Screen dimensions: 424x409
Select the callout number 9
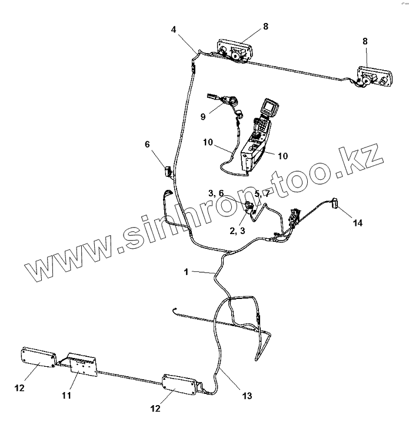[x=203, y=117]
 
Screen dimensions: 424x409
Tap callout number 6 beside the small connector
[x=148, y=144]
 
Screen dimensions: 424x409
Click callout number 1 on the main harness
[x=185, y=272]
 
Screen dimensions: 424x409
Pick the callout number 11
[x=66, y=395]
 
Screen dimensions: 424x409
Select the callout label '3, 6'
[x=215, y=193]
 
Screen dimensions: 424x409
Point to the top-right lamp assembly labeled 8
[x=371, y=77]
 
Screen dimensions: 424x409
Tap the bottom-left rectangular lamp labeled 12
[x=38, y=357]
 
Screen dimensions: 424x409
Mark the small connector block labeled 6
[x=167, y=172]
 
